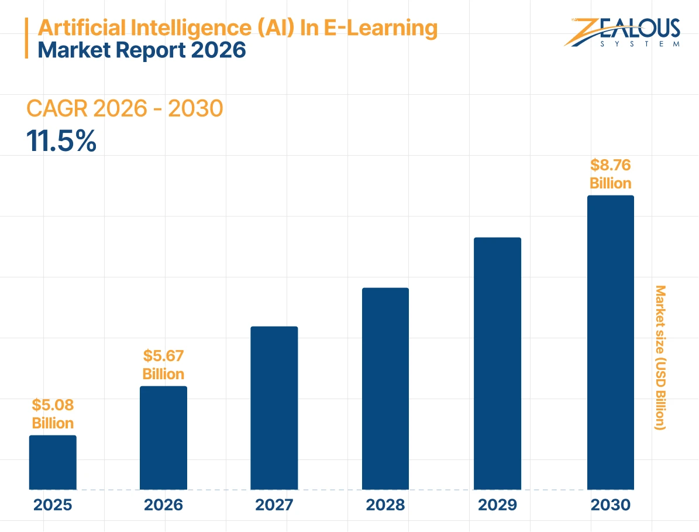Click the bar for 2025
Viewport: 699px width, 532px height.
point(53,462)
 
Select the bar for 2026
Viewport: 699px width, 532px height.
point(163,437)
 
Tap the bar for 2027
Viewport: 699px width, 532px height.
point(274,407)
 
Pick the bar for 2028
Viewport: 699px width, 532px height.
point(385,388)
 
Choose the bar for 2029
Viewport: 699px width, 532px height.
point(497,363)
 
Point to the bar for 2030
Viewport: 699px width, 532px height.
point(610,342)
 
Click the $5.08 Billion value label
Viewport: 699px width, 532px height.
point(53,414)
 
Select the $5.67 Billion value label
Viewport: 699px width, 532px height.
point(163,365)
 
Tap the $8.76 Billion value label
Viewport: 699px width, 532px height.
point(610,174)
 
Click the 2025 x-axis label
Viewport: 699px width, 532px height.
point(53,505)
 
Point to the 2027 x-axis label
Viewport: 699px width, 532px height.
point(274,505)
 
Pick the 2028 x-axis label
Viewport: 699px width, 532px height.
point(385,505)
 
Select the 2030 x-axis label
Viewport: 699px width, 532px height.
point(610,505)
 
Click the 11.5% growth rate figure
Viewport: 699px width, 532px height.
point(61,142)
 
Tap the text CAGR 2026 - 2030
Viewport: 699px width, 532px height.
point(125,109)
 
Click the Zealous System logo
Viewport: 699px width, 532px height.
point(622,32)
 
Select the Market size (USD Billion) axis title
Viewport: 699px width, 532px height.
point(660,358)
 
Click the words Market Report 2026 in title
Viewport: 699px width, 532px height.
point(142,50)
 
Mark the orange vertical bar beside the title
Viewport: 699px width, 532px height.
point(26,38)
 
